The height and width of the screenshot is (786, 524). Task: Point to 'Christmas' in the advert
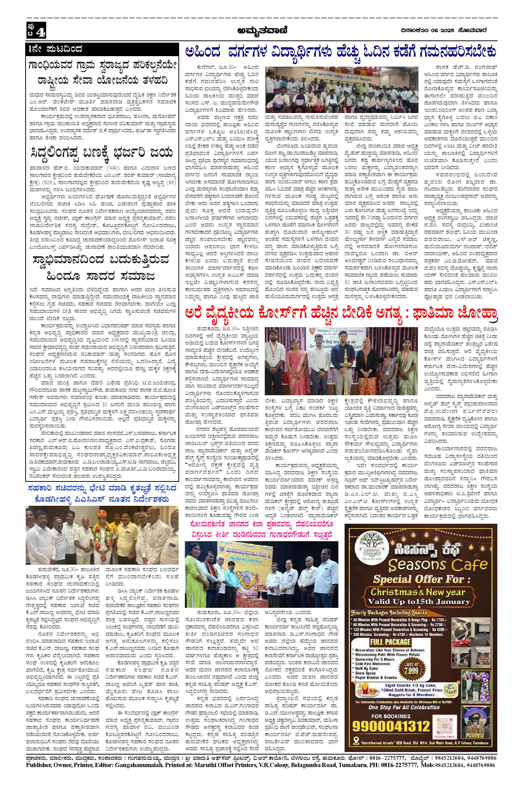[x=392, y=592]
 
